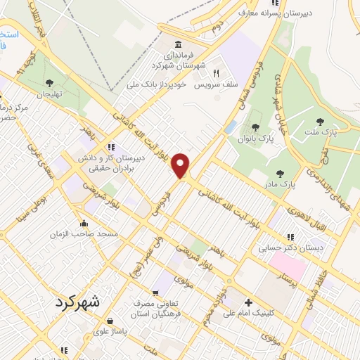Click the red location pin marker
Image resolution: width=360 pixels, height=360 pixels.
tap(182, 165)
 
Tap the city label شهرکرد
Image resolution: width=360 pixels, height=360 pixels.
tap(77, 302)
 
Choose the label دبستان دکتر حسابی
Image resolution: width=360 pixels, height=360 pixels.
tap(281, 247)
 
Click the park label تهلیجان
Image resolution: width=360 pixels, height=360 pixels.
tap(50, 94)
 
